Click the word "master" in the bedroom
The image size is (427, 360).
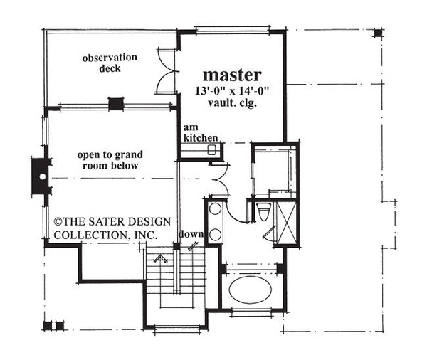pyautogui.click(x=233, y=73)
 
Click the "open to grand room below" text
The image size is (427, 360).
pyautogui.click(x=107, y=159)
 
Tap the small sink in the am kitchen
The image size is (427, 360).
pyautogui.click(x=211, y=149)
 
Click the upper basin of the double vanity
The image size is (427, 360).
pyautogui.click(x=215, y=212)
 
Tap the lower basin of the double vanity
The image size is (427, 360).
pyautogui.click(x=215, y=233)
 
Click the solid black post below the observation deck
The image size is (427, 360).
pyautogui.click(x=115, y=104)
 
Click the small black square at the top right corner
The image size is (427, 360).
pyautogui.click(x=378, y=32)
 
